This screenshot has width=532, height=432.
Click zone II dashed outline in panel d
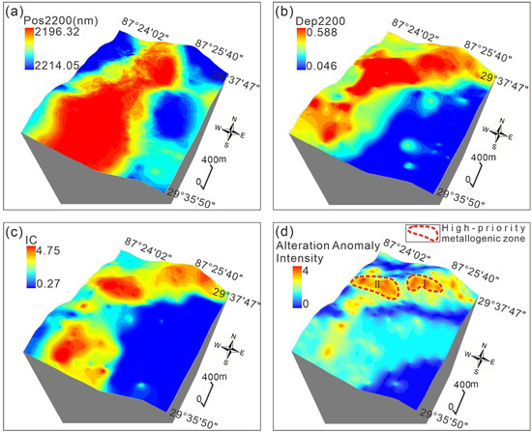point(377,285)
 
